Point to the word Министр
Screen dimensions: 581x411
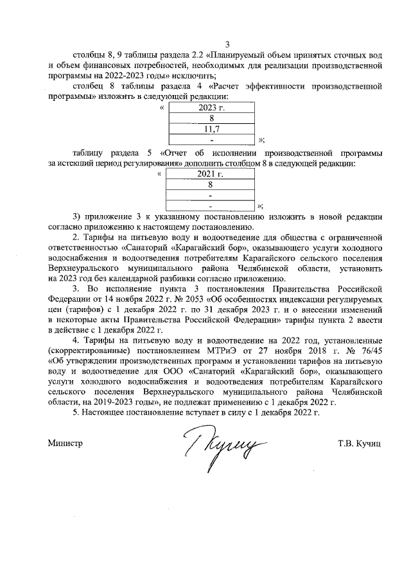[x=66, y=443]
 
